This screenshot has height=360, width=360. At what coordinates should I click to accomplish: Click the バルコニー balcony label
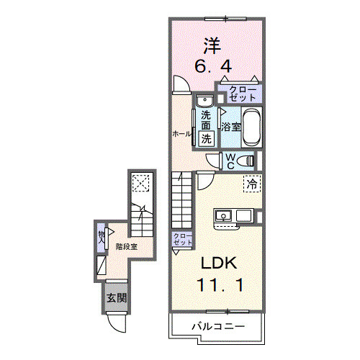coord(217,327)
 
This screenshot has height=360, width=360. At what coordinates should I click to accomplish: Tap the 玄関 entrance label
coord(117,297)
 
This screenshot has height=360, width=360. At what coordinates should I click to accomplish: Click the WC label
coord(229,161)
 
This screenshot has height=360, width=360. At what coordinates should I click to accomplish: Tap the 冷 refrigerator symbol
coord(252,184)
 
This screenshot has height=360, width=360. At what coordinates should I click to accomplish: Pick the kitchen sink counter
coord(233,215)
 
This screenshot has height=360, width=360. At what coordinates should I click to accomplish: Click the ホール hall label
coord(181,134)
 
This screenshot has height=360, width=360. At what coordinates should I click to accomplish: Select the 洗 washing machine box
coord(207,138)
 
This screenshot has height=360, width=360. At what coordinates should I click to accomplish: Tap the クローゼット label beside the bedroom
coord(241,93)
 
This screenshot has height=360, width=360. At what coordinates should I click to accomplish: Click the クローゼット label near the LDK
coord(181,240)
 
